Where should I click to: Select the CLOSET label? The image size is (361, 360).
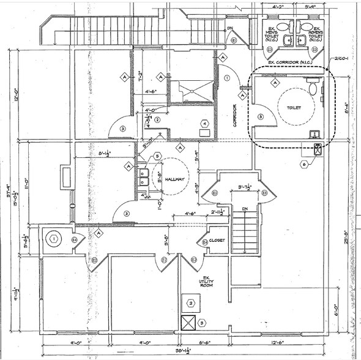[217, 240]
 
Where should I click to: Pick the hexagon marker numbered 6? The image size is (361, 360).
[304, 164]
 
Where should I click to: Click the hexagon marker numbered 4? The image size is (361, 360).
[204, 123]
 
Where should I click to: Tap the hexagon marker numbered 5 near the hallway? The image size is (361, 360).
[157, 157]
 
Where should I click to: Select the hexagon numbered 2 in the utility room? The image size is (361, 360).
[191, 303]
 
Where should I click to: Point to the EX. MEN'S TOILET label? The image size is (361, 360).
[272, 36]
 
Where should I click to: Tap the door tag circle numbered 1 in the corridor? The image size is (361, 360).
[227, 78]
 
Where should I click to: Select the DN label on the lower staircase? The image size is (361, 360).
[244, 209]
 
